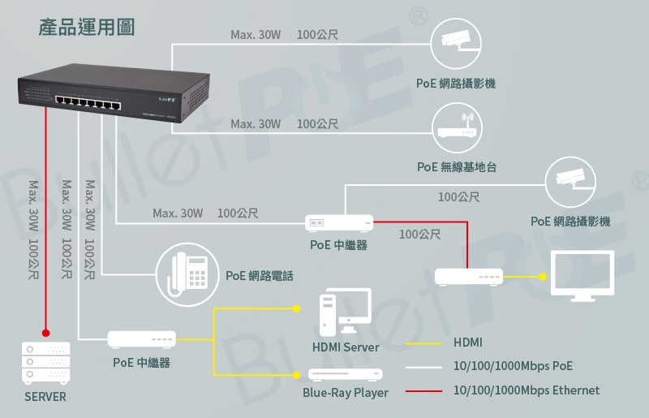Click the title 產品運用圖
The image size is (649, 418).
tap(87, 28)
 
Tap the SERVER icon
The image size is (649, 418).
tap(46, 363)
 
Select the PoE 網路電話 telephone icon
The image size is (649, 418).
tap(187, 274)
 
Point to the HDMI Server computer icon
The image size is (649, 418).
tap(346, 312)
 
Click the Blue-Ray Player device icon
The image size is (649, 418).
tap(346, 374)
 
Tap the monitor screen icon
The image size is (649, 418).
tap(582, 275)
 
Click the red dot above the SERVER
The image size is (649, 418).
tap(46, 333)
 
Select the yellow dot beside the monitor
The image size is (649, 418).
tap(542, 276)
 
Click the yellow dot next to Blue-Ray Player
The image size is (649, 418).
tap(296, 375)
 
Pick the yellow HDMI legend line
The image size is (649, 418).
tap(423, 343)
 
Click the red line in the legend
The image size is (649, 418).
tap(423, 390)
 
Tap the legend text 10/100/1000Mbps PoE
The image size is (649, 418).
tap(513, 366)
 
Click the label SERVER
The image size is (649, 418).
tap(45, 397)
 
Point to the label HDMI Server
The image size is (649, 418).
tap(346, 347)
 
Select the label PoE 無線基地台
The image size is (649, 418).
tap(457, 167)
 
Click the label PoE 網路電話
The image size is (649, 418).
tap(260, 275)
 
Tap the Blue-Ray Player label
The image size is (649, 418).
tap(346, 393)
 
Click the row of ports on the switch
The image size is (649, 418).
tap(88, 102)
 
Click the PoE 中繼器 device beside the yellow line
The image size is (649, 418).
tap(141, 339)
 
